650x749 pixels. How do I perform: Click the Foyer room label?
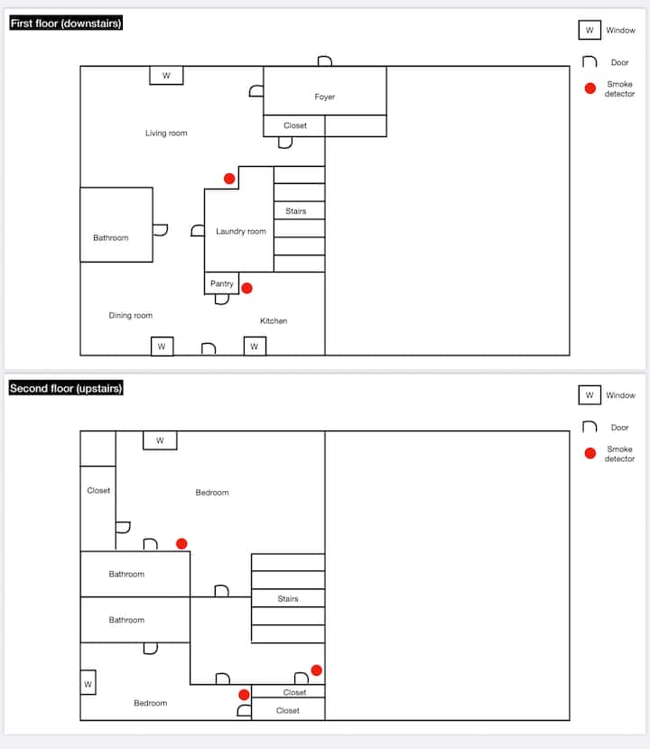[x=325, y=97]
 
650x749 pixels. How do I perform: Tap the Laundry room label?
[x=241, y=232]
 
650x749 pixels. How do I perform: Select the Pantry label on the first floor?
[x=222, y=283]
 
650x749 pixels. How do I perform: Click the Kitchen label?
[x=274, y=321]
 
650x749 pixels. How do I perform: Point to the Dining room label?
[x=131, y=316]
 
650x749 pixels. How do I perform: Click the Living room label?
[x=166, y=134]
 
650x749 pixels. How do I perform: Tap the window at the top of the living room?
[x=166, y=76]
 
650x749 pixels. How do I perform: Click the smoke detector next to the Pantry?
[x=246, y=289]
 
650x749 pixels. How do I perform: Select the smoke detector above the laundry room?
[x=229, y=179]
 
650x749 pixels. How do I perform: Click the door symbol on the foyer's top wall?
[x=325, y=61]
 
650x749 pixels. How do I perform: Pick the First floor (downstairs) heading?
[x=66, y=23]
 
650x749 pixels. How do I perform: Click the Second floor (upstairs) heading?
[x=66, y=389]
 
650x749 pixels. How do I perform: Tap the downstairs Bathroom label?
[x=111, y=238]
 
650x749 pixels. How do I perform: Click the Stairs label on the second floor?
[x=288, y=599]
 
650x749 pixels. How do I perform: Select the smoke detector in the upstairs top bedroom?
[x=181, y=543]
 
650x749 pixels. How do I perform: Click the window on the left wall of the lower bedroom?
[x=88, y=684]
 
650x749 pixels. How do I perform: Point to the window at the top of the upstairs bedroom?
[x=160, y=440]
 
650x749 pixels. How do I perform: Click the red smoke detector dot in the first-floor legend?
[x=590, y=88]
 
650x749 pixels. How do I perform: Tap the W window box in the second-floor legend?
[x=590, y=395]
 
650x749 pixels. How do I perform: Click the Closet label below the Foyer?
[x=295, y=125]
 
